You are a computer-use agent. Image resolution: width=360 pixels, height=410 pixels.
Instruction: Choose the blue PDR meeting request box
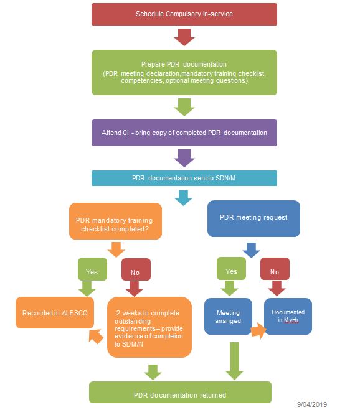point(253,218)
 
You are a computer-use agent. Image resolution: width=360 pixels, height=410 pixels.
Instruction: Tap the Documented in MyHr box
point(287,316)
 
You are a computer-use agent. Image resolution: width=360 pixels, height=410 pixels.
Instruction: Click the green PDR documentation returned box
point(181,394)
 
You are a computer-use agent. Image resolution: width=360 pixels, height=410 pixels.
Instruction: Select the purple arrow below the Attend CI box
point(184,157)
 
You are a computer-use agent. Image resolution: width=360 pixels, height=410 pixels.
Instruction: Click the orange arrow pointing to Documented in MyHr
point(257,329)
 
